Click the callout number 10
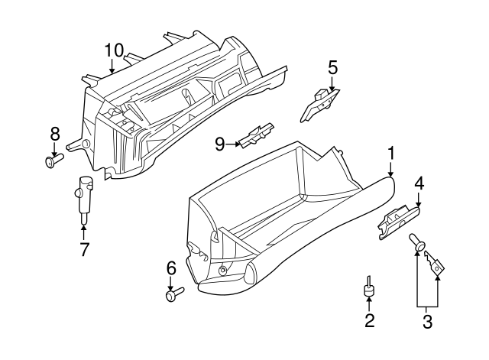tap(114, 50)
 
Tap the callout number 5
tap(332, 67)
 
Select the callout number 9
tap(220, 144)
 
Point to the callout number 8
tap(54, 135)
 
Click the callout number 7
tap(84, 249)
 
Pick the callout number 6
tap(171, 268)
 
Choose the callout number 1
tap(390, 154)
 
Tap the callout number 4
tap(419, 183)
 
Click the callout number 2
tap(369, 320)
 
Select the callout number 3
tap(427, 321)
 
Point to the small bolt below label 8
tap(54, 161)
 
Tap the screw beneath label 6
tap(175, 294)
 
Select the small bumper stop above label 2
tap(369, 287)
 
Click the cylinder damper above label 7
tap(84, 198)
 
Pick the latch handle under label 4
tap(399, 222)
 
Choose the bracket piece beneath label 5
tap(319, 105)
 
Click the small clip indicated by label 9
tap(257, 135)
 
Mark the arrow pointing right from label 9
tap(233, 144)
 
